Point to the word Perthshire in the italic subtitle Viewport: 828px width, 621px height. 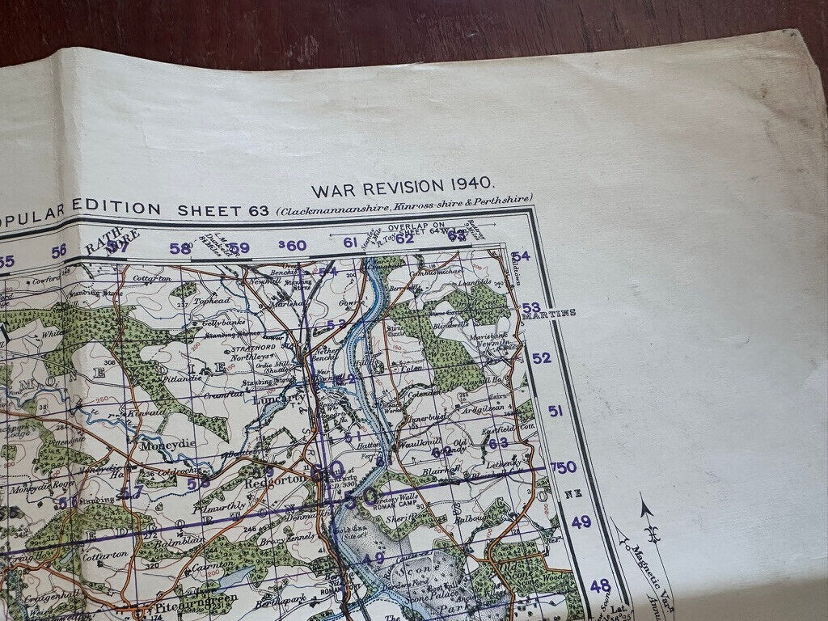point(504,199)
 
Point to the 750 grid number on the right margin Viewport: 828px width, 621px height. point(563,467)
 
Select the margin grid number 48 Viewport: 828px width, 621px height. point(599,585)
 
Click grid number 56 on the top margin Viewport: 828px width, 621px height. point(58,251)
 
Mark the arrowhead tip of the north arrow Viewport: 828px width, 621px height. point(644,507)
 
